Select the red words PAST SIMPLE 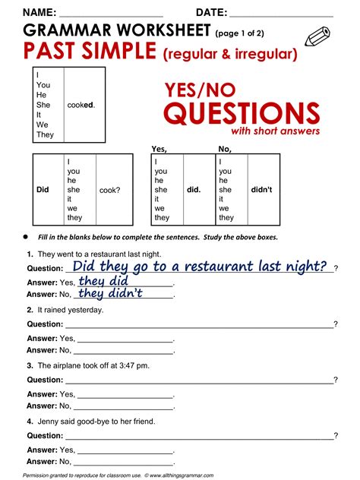[89, 52]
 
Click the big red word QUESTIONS [242, 114]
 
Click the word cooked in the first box [81, 104]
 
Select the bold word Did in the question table [43, 190]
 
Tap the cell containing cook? [109, 190]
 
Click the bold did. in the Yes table [194, 190]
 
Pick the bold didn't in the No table [261, 190]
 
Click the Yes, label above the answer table [159, 149]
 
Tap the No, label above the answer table [225, 149]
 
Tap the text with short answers [275, 131]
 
